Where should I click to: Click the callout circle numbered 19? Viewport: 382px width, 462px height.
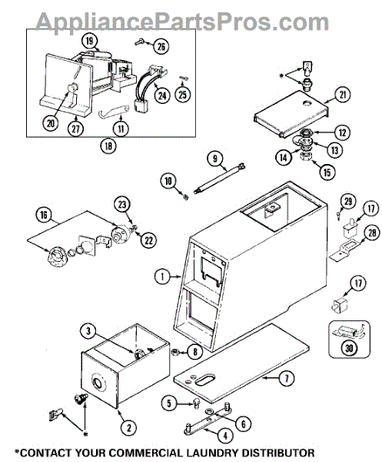pos(89,40)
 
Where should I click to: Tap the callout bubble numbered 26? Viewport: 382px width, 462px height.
pos(161,46)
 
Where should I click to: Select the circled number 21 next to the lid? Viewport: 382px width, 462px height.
pos(343,95)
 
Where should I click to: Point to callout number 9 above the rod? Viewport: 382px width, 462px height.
pos(215,159)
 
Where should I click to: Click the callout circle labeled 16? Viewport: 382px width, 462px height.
pos(44,215)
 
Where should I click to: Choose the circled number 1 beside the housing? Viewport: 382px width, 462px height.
pos(162,276)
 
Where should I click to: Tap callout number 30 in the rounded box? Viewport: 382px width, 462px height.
pos(349,348)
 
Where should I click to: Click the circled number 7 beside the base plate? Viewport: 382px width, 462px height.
pos(287,378)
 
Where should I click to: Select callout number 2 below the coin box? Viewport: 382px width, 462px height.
pos(129,427)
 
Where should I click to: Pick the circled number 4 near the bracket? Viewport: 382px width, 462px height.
pos(225,435)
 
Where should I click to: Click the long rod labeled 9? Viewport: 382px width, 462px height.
pos(220,178)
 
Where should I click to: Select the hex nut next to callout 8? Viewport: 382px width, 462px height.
pos(175,351)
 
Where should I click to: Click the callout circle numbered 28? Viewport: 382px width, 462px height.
pos(372,233)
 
